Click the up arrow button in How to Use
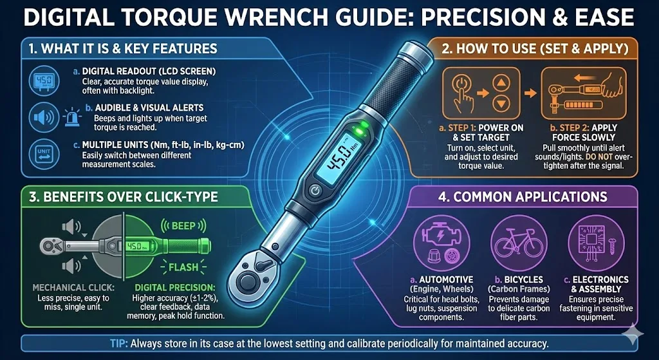(499, 82)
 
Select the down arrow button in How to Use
(499, 104)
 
